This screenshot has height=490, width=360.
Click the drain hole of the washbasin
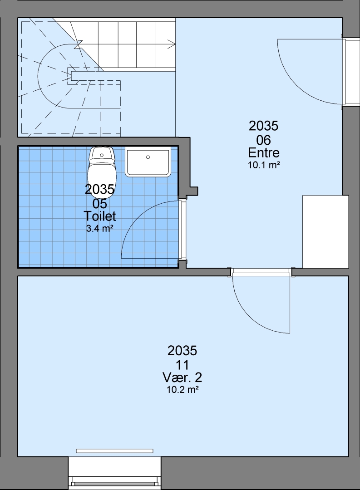pyautogui.click(x=148, y=157)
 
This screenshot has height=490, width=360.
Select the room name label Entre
pyautogui.click(x=264, y=153)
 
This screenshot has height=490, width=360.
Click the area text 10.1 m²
pyautogui.click(x=264, y=165)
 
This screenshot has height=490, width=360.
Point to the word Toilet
pyautogui.click(x=100, y=216)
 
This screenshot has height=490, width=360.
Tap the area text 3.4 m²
pyautogui.click(x=99, y=228)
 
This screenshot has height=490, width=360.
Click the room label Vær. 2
pyautogui.click(x=182, y=378)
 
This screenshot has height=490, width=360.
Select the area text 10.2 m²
pyautogui.click(x=183, y=390)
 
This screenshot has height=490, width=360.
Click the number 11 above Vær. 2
pyautogui.click(x=182, y=364)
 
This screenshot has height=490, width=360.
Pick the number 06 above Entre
pyautogui.click(x=263, y=139)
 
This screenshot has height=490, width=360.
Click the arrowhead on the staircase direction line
pyautogui.click(x=172, y=44)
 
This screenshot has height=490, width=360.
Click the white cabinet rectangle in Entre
pyautogui.click(x=325, y=231)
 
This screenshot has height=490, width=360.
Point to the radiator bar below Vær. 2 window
pyautogui.click(x=115, y=451)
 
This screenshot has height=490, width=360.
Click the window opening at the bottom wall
pyautogui.click(x=115, y=473)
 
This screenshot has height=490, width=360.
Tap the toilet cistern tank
pyautogui.click(x=102, y=154)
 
